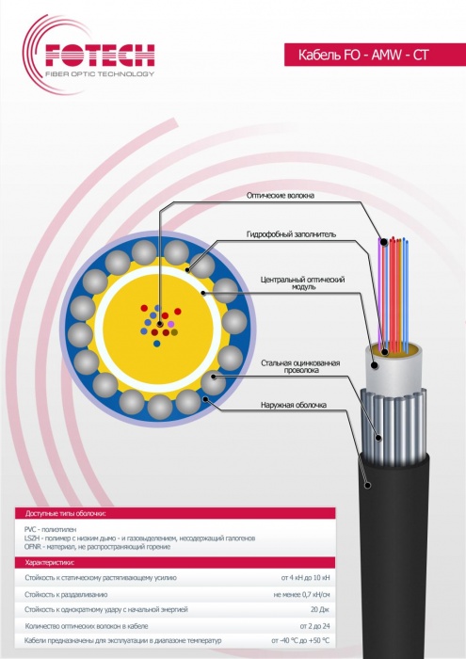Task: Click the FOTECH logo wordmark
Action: (x=100, y=55)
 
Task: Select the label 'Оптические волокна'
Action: (x=280, y=196)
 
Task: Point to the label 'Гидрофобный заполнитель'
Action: (x=291, y=234)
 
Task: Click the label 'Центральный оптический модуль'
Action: (x=302, y=282)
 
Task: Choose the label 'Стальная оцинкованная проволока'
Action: (x=300, y=366)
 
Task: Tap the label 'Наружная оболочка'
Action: (x=294, y=405)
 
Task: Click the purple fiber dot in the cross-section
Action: (x=170, y=324)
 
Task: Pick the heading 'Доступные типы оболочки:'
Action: (x=66, y=514)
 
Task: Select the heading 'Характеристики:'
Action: (x=50, y=562)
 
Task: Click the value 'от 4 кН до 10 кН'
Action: (x=305, y=578)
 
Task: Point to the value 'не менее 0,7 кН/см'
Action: (x=301, y=595)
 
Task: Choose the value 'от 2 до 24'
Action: (x=314, y=626)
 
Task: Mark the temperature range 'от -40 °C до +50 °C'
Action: (x=300, y=641)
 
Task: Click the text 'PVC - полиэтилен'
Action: (x=51, y=529)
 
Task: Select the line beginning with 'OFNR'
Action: (x=98, y=547)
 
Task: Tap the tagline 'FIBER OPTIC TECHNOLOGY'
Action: (x=100, y=74)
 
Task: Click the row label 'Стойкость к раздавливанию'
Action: (x=66, y=595)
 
